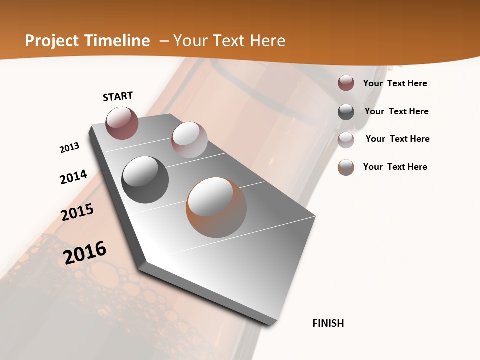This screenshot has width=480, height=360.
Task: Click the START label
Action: (118, 96)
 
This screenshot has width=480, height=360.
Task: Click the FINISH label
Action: (328, 323)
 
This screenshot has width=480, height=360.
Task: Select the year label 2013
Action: (70, 147)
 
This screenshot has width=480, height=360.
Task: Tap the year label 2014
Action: (74, 177)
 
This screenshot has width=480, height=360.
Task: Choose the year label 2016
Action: (85, 252)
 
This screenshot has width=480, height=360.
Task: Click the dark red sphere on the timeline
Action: (122, 123)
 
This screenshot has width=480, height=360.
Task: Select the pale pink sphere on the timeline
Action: (189, 140)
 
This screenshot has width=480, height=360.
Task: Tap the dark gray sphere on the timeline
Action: (145, 179)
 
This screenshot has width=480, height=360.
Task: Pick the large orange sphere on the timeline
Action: (216, 207)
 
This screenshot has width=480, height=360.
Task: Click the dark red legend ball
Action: (346, 83)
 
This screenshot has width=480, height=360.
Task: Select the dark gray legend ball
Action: (346, 112)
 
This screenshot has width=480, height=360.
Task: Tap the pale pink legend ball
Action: (346, 139)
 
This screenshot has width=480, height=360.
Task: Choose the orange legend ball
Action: (346, 167)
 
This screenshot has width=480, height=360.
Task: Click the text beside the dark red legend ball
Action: (395, 83)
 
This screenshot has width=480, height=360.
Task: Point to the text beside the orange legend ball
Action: (395, 167)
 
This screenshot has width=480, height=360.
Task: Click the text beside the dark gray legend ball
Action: (396, 111)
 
